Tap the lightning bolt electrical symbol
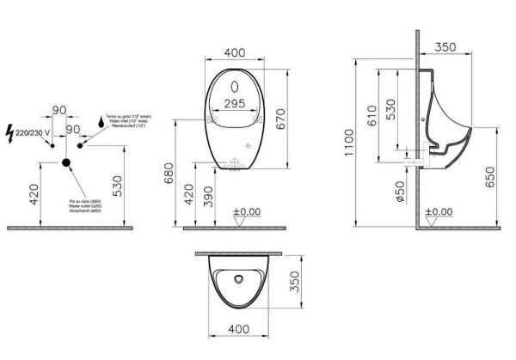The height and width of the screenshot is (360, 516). point(10,133)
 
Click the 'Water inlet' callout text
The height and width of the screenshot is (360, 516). point(121,119)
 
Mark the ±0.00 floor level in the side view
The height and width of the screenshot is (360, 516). point(439,211)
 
